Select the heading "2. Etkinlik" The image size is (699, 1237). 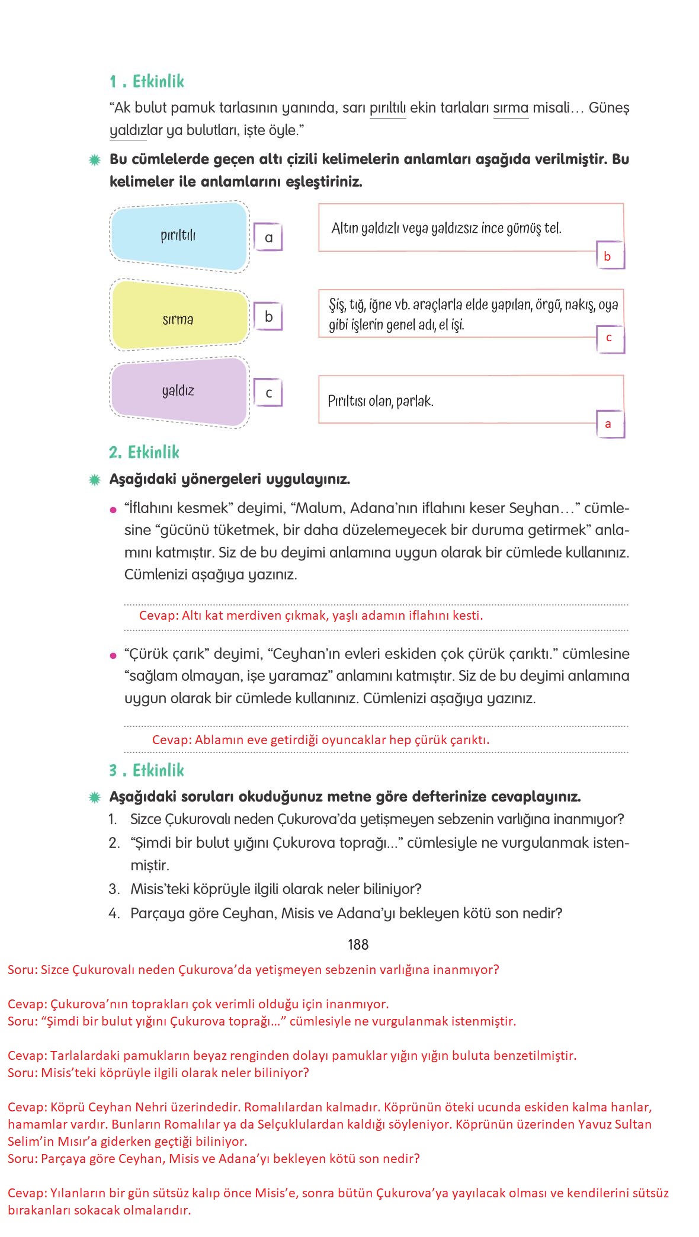pos(144,453)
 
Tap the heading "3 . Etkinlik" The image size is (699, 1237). pos(146,770)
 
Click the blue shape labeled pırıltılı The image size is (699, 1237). pos(178,236)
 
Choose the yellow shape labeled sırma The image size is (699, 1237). pos(178,319)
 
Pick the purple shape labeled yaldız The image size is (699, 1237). pos(178,391)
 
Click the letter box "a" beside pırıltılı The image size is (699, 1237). pos(268,238)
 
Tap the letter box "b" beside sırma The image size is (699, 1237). pos(268,317)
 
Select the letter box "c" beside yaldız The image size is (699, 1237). pos(268,393)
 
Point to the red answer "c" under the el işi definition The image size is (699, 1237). pos(608,338)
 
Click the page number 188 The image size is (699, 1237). pos(358,944)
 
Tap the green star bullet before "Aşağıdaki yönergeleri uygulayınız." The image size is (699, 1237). pos(94,479)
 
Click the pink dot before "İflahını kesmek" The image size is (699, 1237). pos(113,509)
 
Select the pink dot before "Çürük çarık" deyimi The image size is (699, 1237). pos(113,655)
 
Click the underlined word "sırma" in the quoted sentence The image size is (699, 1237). pos(511,108)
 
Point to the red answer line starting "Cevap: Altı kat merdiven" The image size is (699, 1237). pos(311,616)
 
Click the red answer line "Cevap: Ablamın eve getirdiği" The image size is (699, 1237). pos(320,740)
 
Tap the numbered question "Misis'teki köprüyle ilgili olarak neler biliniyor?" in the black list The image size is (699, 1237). pos(275,889)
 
